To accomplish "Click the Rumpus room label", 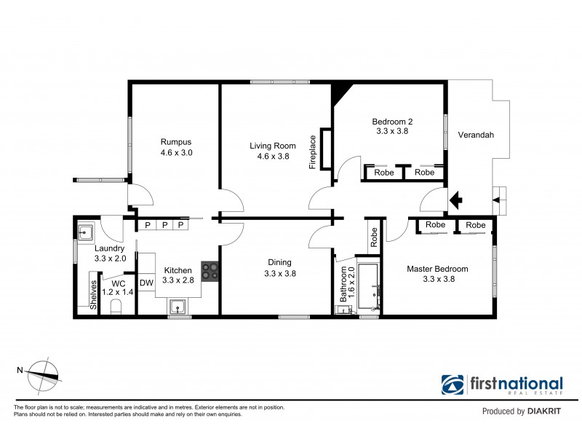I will (x=175, y=141).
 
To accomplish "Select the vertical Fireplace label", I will (x=313, y=151).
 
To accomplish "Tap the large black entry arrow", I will (x=457, y=197).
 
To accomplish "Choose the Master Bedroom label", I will (x=436, y=269).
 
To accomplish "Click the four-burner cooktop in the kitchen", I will (x=210, y=271).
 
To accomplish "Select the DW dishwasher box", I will (x=146, y=283).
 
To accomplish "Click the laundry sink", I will (x=85, y=233).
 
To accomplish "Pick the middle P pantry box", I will (x=164, y=226).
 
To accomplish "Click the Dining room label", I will (x=279, y=263).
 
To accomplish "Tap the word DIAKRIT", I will (x=546, y=412).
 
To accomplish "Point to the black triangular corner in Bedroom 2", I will (x=339, y=93).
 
